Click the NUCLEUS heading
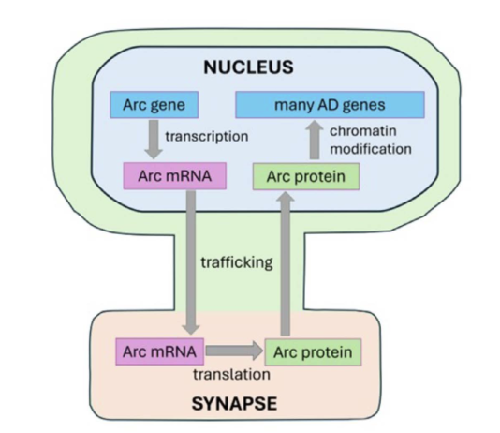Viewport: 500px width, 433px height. (x=248, y=67)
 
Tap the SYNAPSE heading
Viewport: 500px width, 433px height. (x=234, y=404)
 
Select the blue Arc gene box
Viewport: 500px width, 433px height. (x=154, y=105)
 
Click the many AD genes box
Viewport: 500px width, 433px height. (x=330, y=105)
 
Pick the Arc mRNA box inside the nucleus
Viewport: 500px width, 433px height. (x=175, y=176)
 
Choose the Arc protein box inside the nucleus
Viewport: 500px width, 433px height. (x=306, y=176)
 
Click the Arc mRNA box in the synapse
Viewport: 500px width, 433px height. (x=159, y=351)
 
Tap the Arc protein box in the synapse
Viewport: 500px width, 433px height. (x=313, y=352)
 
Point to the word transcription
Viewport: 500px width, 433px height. (x=207, y=137)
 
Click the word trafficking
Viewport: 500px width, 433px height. (x=237, y=262)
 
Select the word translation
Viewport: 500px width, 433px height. (x=231, y=374)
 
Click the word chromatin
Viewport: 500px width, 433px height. (x=363, y=131)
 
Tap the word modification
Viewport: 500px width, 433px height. (x=371, y=149)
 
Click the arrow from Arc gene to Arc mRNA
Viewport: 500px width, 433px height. (x=154, y=140)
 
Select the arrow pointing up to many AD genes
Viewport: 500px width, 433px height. (x=315, y=140)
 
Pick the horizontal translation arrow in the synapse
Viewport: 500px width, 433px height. (x=234, y=351)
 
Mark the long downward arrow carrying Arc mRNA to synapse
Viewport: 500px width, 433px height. (x=191, y=262)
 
